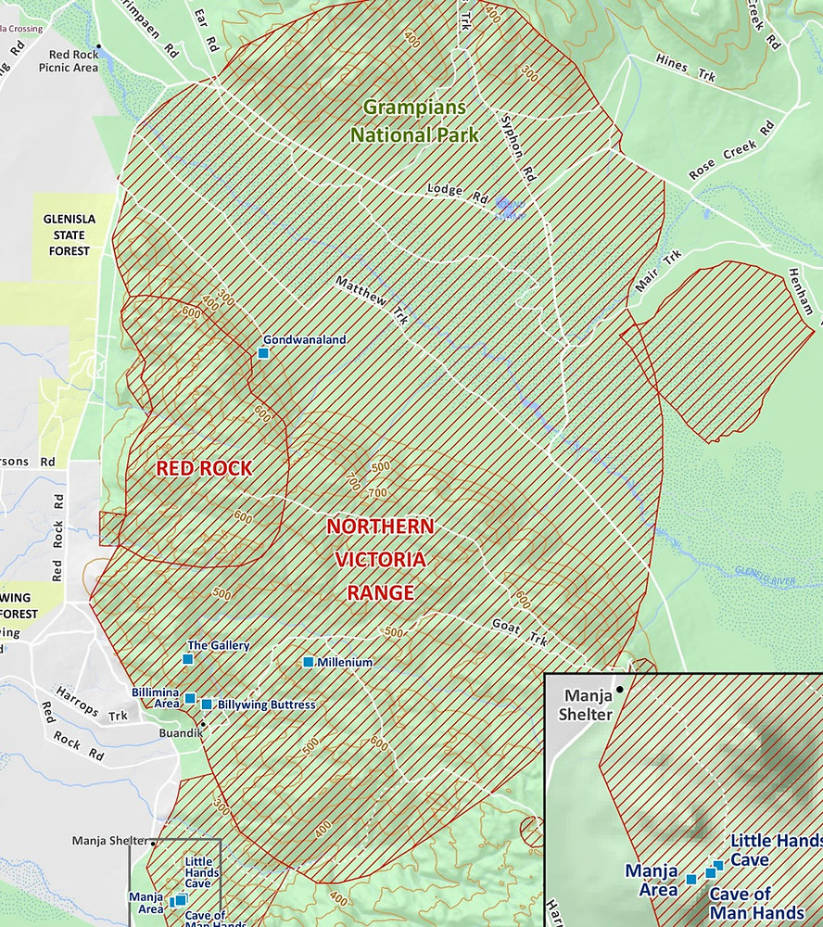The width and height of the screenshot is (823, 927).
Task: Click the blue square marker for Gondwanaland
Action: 263,353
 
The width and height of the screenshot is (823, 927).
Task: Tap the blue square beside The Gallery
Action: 187,659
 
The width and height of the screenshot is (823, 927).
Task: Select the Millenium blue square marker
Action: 308,662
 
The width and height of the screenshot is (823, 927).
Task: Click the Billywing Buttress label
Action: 266,705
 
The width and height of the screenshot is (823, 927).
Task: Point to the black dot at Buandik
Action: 202,724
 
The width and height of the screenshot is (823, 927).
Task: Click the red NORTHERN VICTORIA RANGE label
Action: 380,559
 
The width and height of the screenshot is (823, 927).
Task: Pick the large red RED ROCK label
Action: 204,469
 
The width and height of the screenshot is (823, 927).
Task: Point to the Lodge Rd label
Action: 457,193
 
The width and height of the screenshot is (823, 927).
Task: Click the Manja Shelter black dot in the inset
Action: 619,690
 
